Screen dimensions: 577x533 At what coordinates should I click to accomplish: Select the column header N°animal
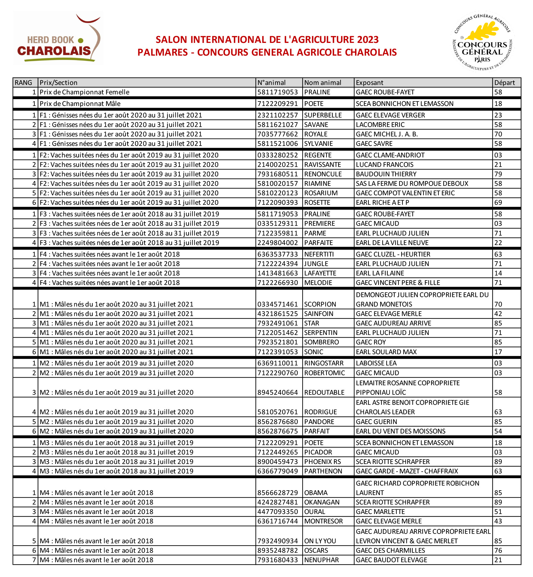(271, 83)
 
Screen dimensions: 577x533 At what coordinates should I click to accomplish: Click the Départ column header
(504, 83)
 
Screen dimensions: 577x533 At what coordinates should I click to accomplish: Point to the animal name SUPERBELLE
(323, 115)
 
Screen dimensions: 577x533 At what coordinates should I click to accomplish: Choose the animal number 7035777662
(277, 134)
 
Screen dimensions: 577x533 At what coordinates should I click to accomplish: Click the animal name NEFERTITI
(319, 254)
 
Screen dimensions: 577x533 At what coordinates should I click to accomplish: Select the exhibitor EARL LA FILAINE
(380, 273)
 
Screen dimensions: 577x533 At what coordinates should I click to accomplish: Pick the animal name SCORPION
(320, 304)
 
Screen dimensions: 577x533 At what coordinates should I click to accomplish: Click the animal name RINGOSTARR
(324, 363)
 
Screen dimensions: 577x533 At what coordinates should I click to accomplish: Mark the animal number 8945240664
(277, 392)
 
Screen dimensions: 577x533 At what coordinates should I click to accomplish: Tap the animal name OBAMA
(316, 493)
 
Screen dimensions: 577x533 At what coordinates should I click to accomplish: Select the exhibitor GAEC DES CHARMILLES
(390, 550)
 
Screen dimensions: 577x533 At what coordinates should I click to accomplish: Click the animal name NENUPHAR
(321, 560)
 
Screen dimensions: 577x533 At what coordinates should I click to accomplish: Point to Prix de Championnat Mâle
(80, 104)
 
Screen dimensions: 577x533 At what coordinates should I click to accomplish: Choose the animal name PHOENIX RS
(322, 462)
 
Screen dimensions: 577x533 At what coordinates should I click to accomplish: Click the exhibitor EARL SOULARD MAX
(386, 352)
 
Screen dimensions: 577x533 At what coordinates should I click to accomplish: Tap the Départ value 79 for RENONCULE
(498, 174)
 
